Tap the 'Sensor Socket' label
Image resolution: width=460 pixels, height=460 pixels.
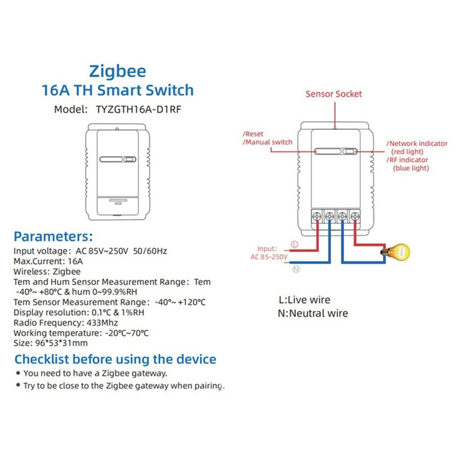coord(333,94)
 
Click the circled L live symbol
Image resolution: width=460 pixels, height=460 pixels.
coord(295,244)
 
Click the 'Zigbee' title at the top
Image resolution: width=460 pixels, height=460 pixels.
coord(117,71)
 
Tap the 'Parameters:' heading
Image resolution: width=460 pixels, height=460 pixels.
coord(53,236)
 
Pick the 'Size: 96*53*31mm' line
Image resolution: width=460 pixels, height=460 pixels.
coord(51,343)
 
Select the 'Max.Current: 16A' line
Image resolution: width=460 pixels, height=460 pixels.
coord(48,260)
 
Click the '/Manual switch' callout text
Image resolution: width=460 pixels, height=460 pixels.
coord(267,142)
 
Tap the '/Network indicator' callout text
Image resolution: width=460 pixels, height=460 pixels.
coord(417,143)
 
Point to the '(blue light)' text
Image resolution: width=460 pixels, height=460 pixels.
coord(411,168)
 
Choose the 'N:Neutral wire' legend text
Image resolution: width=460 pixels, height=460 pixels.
coord(313,313)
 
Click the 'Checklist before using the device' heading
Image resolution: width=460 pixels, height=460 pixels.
coord(115,359)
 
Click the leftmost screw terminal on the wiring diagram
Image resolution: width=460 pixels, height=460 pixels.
coord(317,217)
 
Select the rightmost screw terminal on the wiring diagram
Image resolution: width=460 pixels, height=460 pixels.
coord(355,217)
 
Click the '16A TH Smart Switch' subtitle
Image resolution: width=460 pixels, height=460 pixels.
coord(118,90)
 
